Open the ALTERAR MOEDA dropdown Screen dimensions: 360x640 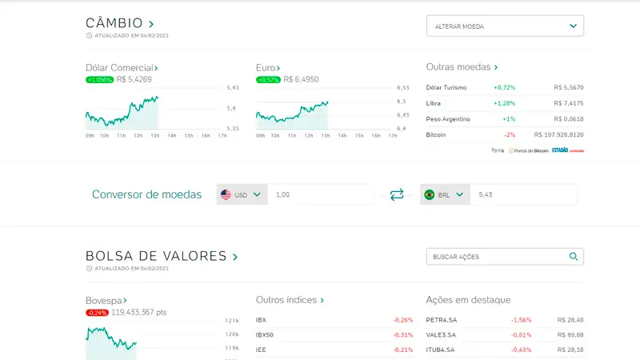pyautogui.click(x=505, y=26)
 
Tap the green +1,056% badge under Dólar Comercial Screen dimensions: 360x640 pyautogui.click(x=100, y=79)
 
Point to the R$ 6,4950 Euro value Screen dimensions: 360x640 pyautogui.click(x=301, y=79)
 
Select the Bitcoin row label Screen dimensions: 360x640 pyautogui.click(x=436, y=134)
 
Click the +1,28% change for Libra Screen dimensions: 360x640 pyautogui.click(x=504, y=103)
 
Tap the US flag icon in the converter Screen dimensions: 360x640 pyautogui.click(x=226, y=194)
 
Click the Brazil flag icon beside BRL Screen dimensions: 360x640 pyautogui.click(x=429, y=194)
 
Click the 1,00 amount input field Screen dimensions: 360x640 pyautogui.click(x=320, y=194)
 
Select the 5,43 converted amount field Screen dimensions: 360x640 pyautogui.click(x=523, y=194)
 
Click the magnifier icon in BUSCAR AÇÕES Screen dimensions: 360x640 pyautogui.click(x=573, y=257)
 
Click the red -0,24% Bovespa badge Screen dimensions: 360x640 pyautogui.click(x=98, y=312)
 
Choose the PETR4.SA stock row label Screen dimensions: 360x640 pyautogui.click(x=442, y=320)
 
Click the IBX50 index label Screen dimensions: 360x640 pyautogui.click(x=265, y=335)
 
